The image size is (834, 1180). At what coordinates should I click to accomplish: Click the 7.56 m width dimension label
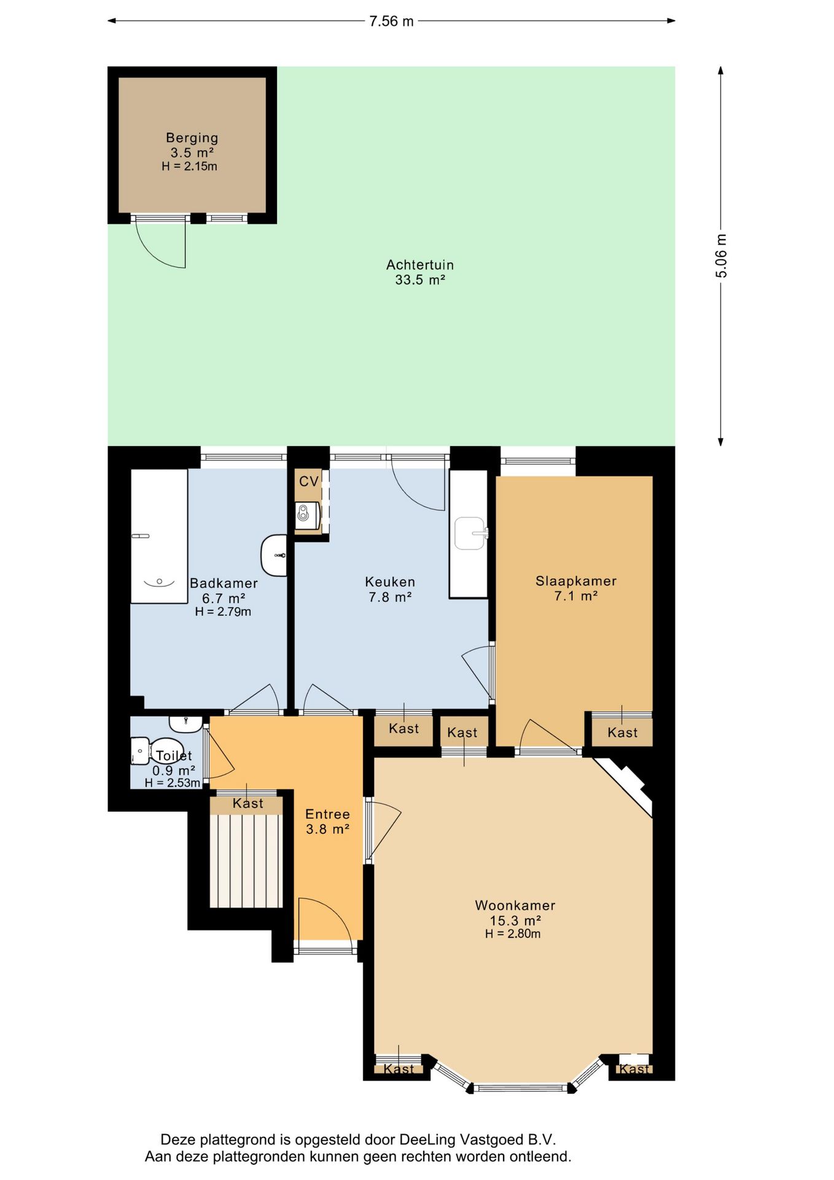pyautogui.click(x=391, y=21)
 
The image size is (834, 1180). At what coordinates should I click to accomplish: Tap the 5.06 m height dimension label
pyautogui.click(x=721, y=256)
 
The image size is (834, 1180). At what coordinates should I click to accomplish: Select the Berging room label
pyautogui.click(x=192, y=138)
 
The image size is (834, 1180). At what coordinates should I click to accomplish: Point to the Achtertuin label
pyautogui.click(x=420, y=265)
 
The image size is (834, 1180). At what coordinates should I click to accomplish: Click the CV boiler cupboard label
pyautogui.click(x=309, y=481)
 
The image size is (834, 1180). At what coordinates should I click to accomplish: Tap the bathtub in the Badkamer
pyautogui.click(x=159, y=536)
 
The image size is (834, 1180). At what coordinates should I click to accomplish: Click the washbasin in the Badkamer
pyautogui.click(x=275, y=556)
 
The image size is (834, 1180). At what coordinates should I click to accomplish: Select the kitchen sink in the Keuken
pyautogui.click(x=471, y=533)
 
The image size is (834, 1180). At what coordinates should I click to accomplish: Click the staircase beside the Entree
pyautogui.click(x=246, y=860)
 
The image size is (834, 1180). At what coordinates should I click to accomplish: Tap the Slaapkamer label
pyautogui.click(x=576, y=581)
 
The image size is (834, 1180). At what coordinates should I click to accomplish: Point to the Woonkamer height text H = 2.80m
pyautogui.click(x=513, y=934)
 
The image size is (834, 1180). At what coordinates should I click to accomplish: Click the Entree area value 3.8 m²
pyautogui.click(x=328, y=829)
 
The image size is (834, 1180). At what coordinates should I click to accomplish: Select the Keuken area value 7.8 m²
pyautogui.click(x=390, y=597)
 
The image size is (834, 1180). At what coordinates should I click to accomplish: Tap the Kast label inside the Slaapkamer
pyautogui.click(x=623, y=733)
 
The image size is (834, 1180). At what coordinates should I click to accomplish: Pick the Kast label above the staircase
pyautogui.click(x=248, y=803)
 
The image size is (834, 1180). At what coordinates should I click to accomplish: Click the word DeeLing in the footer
pyautogui.click(x=427, y=1140)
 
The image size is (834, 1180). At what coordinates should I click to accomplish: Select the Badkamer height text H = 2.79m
pyautogui.click(x=223, y=612)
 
